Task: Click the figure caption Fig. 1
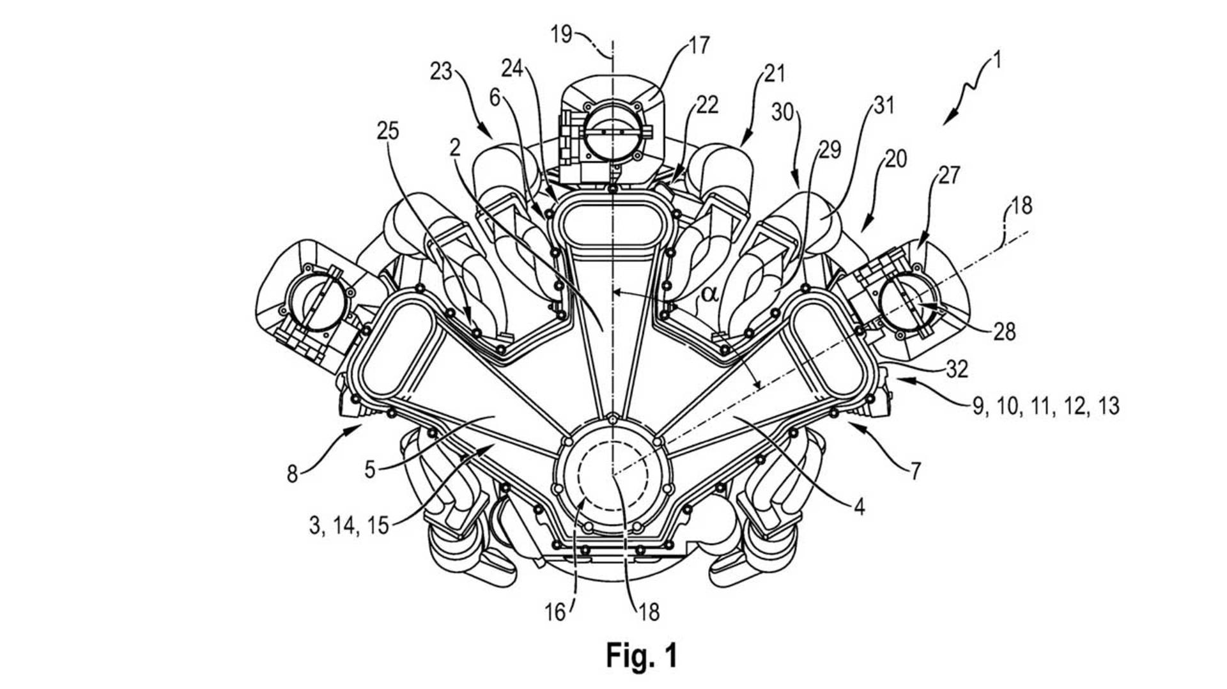point(641,656)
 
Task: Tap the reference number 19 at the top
point(562,34)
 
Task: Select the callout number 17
point(698,45)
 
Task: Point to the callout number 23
point(441,72)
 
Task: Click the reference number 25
point(387,131)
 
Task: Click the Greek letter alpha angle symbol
point(710,295)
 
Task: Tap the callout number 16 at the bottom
point(555,612)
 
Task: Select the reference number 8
point(292,475)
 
